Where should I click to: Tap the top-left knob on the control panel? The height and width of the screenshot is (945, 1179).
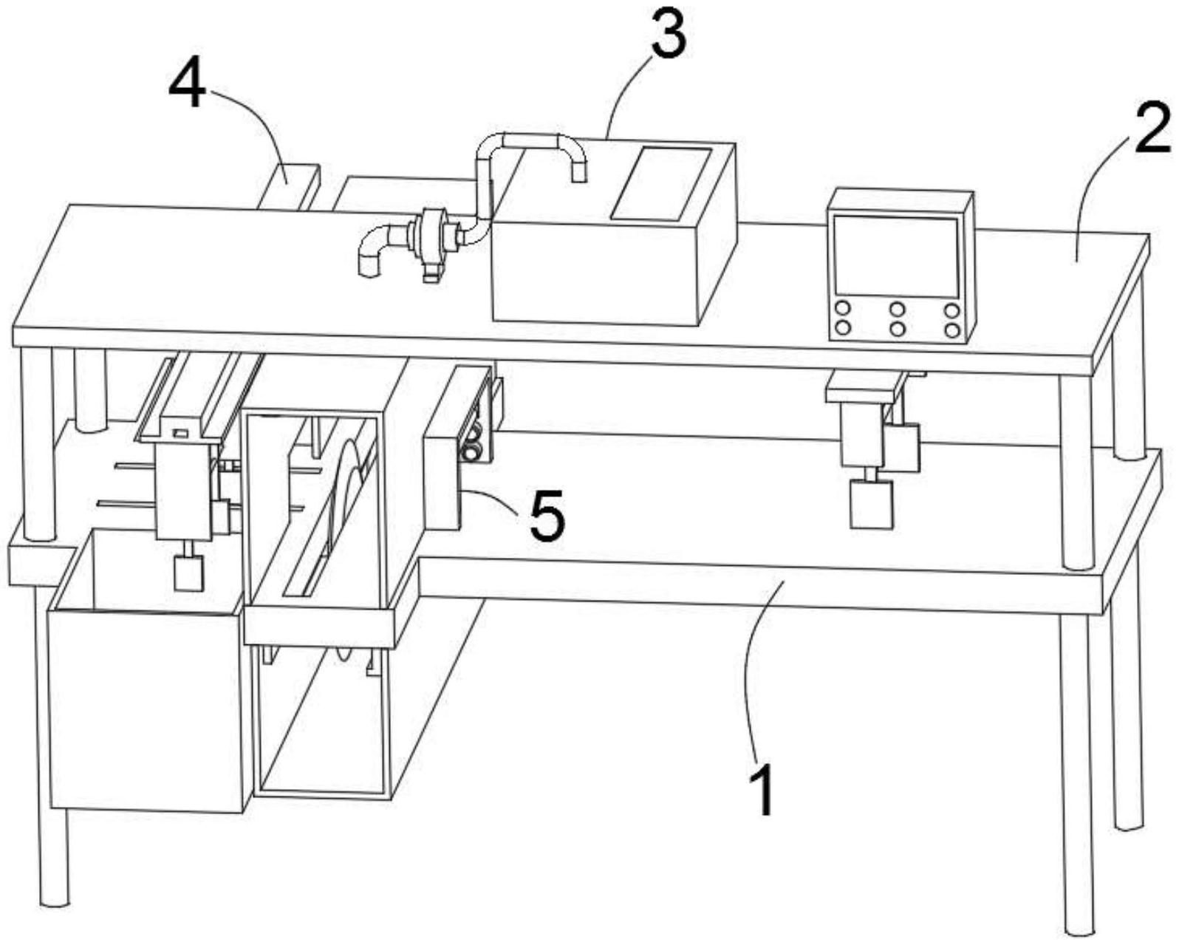coord(842,309)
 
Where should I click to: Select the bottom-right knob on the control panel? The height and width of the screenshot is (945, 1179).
coord(952,329)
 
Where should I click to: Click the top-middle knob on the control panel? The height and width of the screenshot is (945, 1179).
coord(898,309)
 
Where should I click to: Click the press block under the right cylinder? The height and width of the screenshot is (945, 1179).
coord(872,504)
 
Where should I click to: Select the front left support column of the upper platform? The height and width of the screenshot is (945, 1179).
coord(37,443)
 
